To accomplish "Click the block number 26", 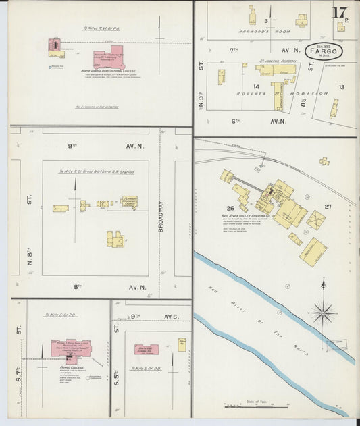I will [230, 209].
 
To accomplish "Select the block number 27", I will [328, 207].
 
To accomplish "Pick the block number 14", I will [256, 87].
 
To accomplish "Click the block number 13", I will [342, 87].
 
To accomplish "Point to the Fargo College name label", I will [71, 368].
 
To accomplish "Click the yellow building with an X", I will [315, 220].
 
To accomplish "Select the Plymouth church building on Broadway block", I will [129, 202].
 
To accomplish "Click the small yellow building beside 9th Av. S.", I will [182, 344].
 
